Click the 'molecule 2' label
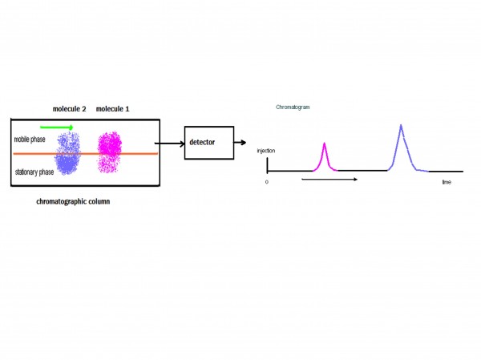coord(70,109)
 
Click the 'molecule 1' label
coord(113,109)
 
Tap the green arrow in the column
coord(59,127)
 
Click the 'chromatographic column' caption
coord(73,201)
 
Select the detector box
coord(209,143)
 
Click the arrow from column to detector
coord(170,143)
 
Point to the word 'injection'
coord(266,151)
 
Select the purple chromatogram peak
coord(401,148)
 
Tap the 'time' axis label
coord(447,183)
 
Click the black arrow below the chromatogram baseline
coord(329,178)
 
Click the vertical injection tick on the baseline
coord(268,164)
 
